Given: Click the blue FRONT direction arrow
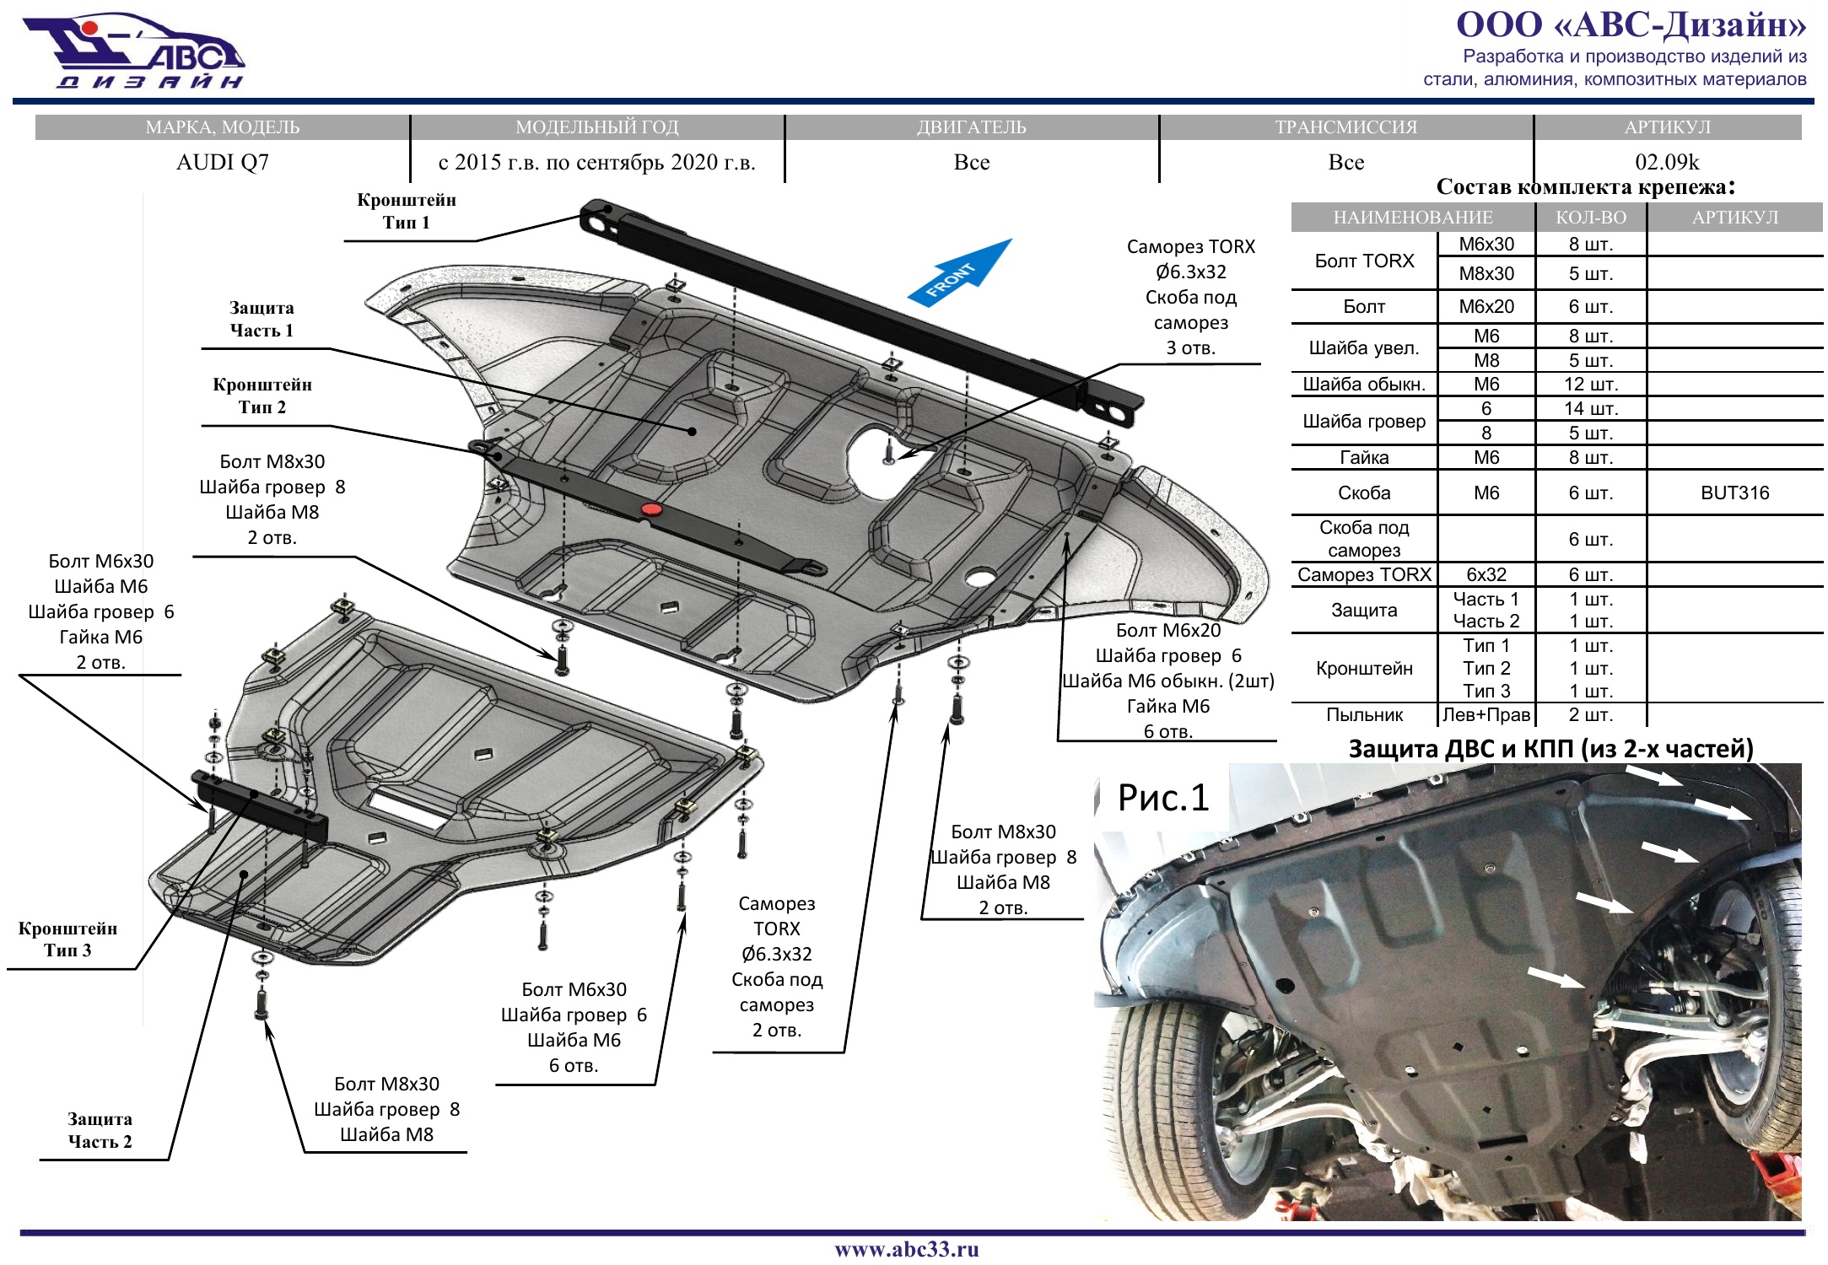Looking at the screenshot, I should [960, 273].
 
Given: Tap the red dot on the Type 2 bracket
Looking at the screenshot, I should [650, 509].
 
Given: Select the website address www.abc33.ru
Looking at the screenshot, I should [907, 1249].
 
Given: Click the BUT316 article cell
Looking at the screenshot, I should [1734, 493].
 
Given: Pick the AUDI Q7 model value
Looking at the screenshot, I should [223, 162].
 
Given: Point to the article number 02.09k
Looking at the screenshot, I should [1667, 162].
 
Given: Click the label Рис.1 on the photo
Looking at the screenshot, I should [1162, 798].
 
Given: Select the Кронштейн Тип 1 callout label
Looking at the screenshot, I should [407, 212].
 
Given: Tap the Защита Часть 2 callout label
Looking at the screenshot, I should [100, 1130].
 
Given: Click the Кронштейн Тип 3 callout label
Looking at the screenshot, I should [67, 939].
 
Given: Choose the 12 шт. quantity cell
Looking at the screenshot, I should [1590, 385].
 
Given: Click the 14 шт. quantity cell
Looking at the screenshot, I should [1590, 409].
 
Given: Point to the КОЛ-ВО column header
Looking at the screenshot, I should [1590, 218].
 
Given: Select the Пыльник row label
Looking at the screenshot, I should [1364, 715].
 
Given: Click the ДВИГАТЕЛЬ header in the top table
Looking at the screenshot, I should [972, 127].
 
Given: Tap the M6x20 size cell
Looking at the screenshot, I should [1486, 307].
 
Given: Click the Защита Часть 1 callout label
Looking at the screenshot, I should [262, 320].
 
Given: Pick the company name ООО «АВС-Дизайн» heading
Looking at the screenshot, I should [1631, 24].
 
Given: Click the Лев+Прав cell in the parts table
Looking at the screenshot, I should [1486, 715].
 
